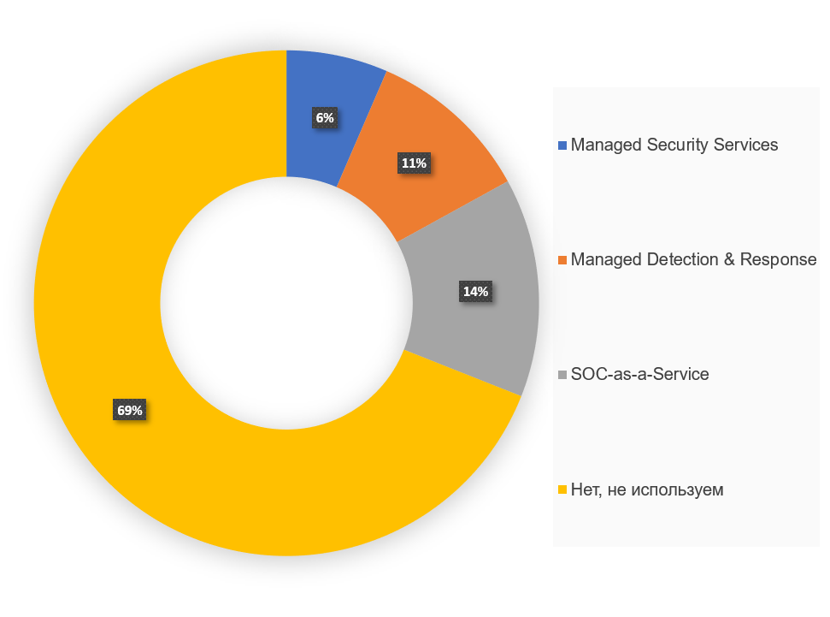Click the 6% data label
click(x=325, y=118)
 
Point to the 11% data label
click(x=414, y=163)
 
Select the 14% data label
click(x=475, y=292)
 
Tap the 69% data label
click(x=130, y=411)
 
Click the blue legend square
click(x=562, y=145)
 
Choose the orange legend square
click(x=562, y=260)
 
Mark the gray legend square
click(x=562, y=375)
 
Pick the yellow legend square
click(x=562, y=490)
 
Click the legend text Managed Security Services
click(x=674, y=145)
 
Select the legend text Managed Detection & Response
click(x=693, y=259)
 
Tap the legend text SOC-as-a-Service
click(x=639, y=374)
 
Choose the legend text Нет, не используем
click(x=647, y=489)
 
